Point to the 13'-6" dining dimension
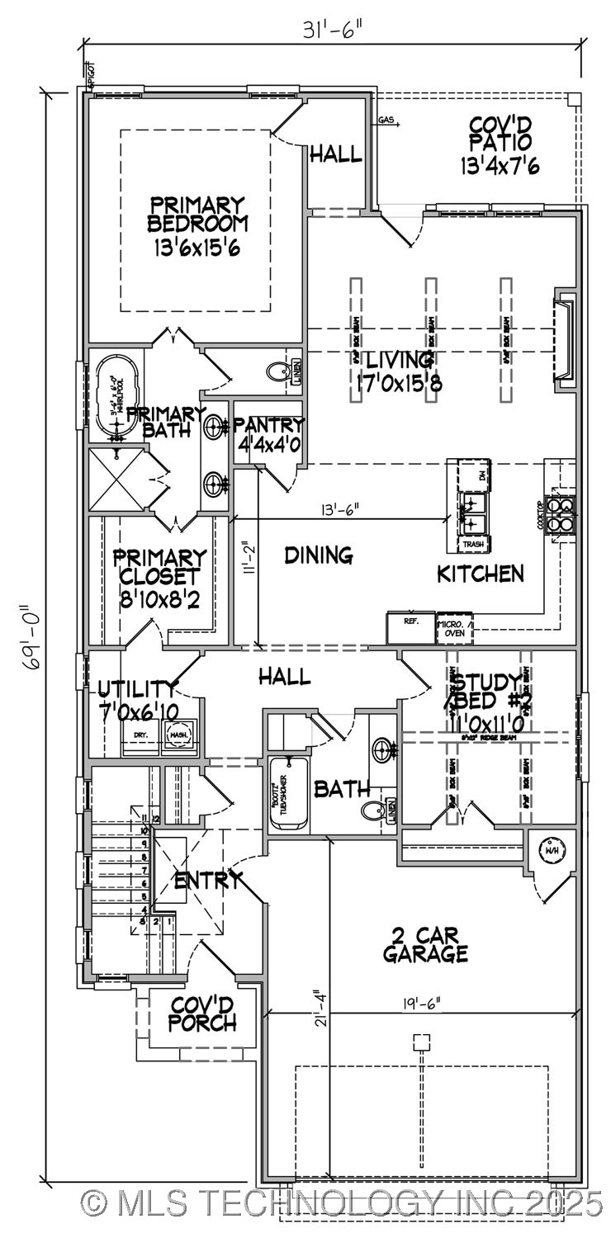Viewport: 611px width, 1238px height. (x=334, y=510)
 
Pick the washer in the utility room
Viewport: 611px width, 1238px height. (x=178, y=733)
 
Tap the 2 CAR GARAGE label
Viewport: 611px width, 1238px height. (x=425, y=946)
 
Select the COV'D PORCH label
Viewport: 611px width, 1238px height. (x=203, y=1014)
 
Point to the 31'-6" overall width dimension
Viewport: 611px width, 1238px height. (x=334, y=31)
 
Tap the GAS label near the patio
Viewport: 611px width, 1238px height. (x=386, y=120)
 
